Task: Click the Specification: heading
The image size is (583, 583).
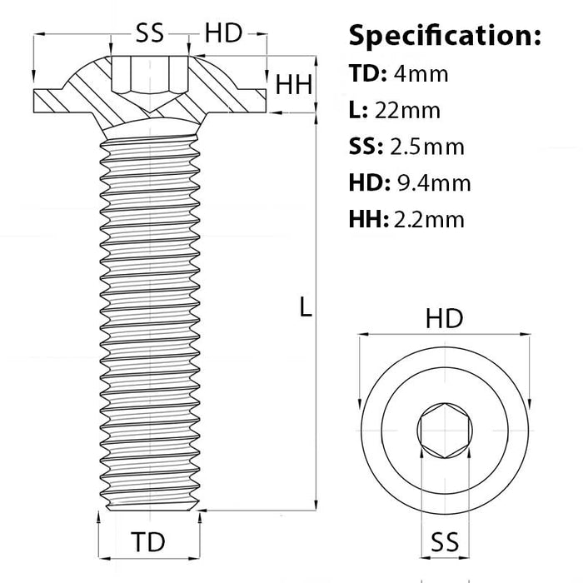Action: pyautogui.click(x=445, y=36)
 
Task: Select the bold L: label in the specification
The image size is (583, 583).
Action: pyautogui.click(x=358, y=110)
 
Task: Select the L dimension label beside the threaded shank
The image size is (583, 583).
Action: pyautogui.click(x=306, y=307)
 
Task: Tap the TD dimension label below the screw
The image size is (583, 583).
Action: pyautogui.click(x=148, y=541)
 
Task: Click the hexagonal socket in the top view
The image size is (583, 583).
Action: pyautogui.click(x=444, y=431)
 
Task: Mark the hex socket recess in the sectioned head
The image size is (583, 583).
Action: pyautogui.click(x=150, y=77)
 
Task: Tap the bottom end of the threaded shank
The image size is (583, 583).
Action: pyautogui.click(x=150, y=504)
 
